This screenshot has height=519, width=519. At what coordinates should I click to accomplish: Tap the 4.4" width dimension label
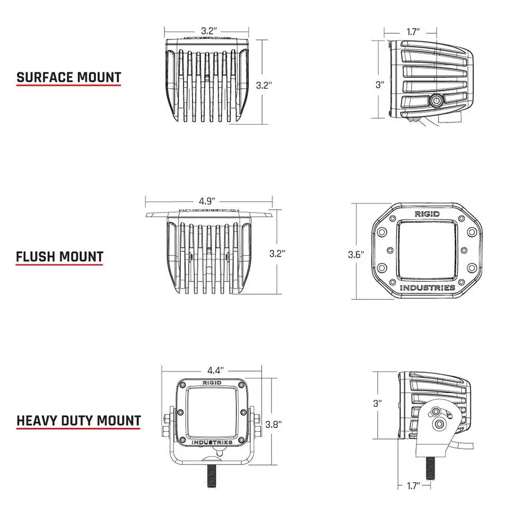coord(215,371)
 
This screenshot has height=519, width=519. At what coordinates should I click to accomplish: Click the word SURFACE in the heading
coord(45,78)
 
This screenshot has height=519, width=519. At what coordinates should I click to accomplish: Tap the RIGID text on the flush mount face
coord(427,214)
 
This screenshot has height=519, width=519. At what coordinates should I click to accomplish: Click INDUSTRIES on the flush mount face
coord(428,288)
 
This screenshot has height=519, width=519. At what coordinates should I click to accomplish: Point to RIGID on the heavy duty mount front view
coord(211,383)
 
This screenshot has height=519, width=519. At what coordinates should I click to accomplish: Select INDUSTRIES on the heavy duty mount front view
coord(212,442)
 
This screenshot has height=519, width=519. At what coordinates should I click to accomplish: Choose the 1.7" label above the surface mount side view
coord(413,32)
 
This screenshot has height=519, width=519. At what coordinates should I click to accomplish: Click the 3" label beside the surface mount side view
coord(379,85)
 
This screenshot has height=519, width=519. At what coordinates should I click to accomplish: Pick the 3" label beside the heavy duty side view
coord(377,402)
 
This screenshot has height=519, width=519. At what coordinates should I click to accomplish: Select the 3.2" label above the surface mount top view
coord(208,31)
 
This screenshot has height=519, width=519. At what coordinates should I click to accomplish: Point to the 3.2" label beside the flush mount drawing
coord(277,253)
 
